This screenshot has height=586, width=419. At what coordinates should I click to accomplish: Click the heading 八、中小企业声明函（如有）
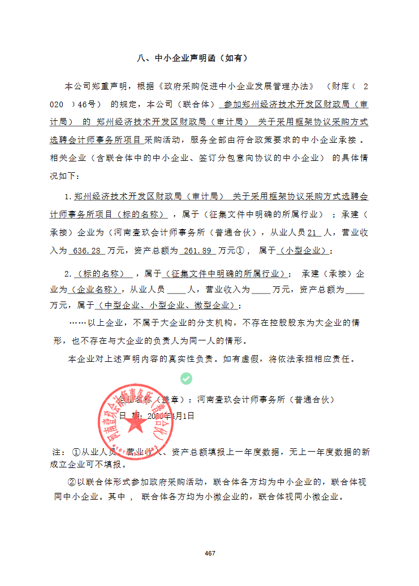coord(192,58)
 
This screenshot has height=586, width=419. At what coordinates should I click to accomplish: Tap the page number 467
coord(210,553)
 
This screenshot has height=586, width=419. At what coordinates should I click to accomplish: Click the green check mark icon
coord(186,378)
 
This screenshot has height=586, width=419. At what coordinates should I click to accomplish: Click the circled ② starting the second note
coord(71,482)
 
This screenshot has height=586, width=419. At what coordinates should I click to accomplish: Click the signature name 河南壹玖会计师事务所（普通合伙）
coord(266,400)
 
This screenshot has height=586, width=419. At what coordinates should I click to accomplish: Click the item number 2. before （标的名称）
coord(68,274)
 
